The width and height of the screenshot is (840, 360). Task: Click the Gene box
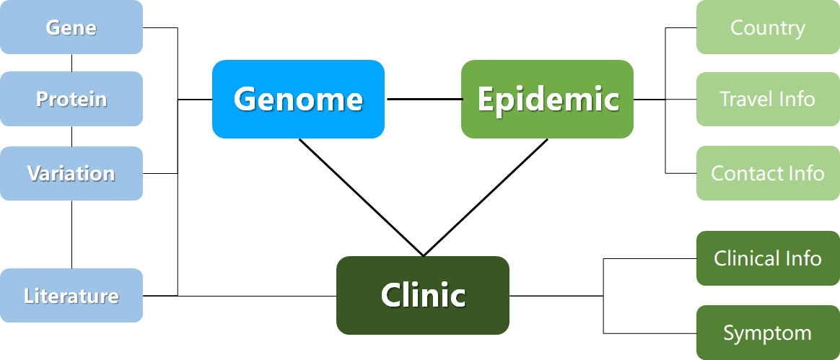pyautogui.click(x=71, y=27)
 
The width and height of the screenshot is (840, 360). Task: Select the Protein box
pyautogui.click(x=71, y=99)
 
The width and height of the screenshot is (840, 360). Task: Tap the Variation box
pyautogui.click(x=71, y=174)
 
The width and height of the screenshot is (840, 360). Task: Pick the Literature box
pyautogui.click(x=71, y=296)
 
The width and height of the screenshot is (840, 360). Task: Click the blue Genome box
pyautogui.click(x=298, y=99)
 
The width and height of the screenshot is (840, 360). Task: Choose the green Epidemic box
pyautogui.click(x=548, y=99)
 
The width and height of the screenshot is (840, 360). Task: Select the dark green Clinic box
pyautogui.click(x=423, y=296)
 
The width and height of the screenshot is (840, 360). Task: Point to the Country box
pyautogui.click(x=769, y=27)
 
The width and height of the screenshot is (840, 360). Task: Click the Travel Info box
pyautogui.click(x=769, y=99)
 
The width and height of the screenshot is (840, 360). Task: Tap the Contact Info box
pyautogui.click(x=769, y=174)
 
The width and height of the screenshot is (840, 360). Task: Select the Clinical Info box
pyautogui.click(x=769, y=258)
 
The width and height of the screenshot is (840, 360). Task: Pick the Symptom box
pyautogui.click(x=769, y=333)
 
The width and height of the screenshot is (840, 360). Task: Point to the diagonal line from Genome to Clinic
pyautogui.click(x=361, y=198)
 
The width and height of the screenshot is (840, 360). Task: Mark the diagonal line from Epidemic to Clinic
pyautogui.click(x=486, y=198)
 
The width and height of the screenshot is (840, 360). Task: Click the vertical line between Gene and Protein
pyautogui.click(x=71, y=63)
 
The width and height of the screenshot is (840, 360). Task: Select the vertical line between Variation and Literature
pyautogui.click(x=71, y=234)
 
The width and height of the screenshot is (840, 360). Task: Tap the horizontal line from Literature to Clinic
pyautogui.click(x=240, y=296)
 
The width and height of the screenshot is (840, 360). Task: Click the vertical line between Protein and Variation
pyautogui.click(x=71, y=136)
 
